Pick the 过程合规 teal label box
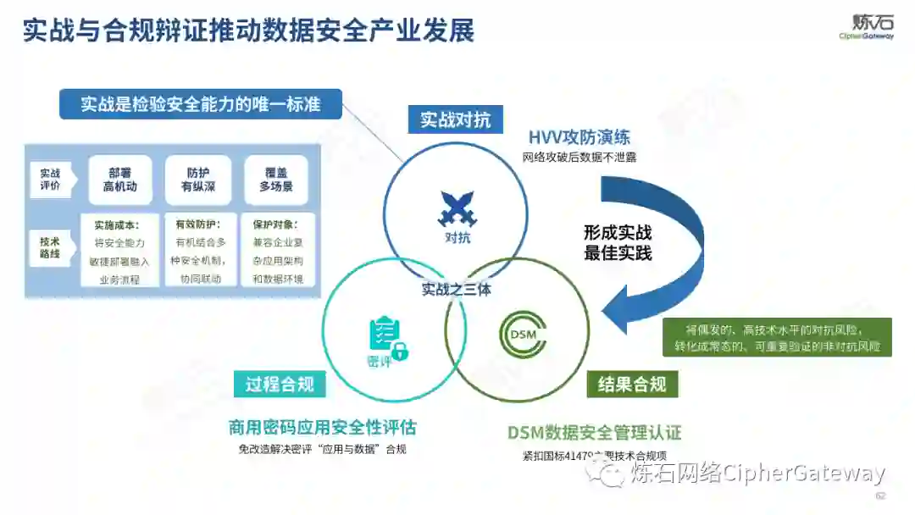pyautogui.click(x=280, y=384)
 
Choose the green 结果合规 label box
pyautogui.click(x=632, y=385)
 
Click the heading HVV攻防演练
pyautogui.click(x=579, y=137)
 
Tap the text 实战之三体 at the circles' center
pyautogui.click(x=457, y=289)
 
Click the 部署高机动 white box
pyautogui.click(x=120, y=179)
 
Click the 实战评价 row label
pyautogui.click(x=51, y=179)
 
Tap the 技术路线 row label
pyautogui.click(x=51, y=247)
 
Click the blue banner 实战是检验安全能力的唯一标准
pyautogui.click(x=201, y=105)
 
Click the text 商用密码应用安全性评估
pyautogui.click(x=322, y=428)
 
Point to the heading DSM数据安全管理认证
pyautogui.click(x=594, y=432)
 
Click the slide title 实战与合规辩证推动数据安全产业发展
pyautogui.click(x=247, y=31)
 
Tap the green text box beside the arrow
pyautogui.click(x=777, y=337)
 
